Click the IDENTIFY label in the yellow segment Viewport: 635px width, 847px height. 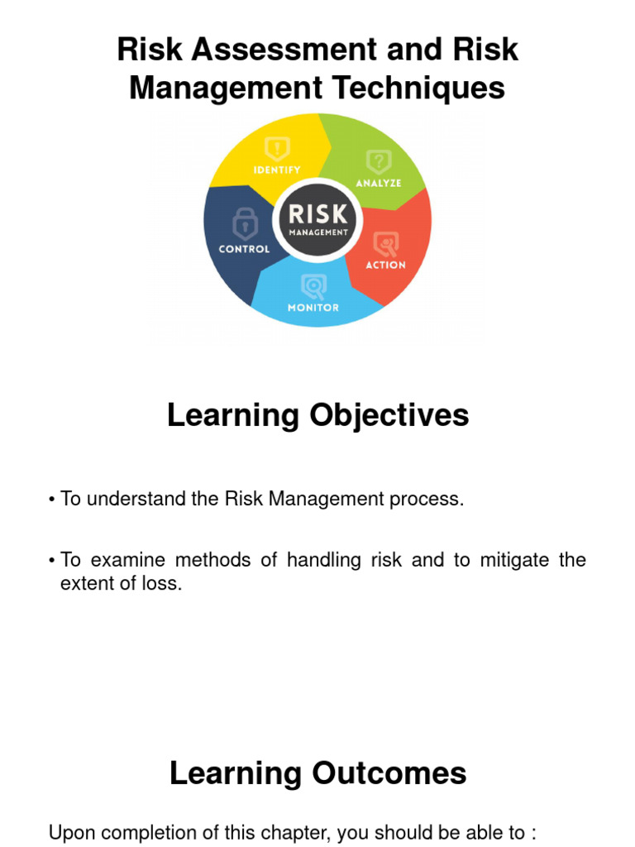pos(277,170)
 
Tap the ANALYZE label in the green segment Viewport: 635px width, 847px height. pos(378,182)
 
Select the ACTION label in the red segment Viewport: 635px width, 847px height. pos(386,265)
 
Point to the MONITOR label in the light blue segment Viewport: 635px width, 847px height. pos(313,308)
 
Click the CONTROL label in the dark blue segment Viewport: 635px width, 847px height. pos(244,249)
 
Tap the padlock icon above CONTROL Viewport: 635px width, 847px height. pos(244,223)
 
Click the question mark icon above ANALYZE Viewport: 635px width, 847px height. pos(379,160)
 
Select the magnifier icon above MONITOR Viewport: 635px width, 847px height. pos(313,286)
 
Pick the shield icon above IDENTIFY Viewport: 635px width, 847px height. pos(277,149)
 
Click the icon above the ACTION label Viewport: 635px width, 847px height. pos(386,243)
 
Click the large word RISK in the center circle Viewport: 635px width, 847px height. pos(318,215)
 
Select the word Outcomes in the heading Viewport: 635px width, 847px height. pos(389,773)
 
